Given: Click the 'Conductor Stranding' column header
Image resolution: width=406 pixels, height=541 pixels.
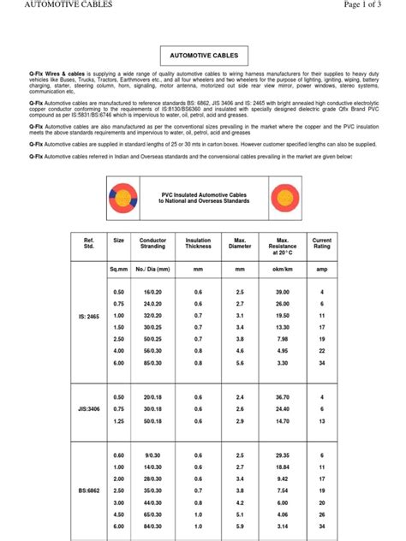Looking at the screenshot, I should pos(153,245).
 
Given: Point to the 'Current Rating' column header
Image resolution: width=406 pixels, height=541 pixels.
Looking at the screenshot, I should pos(322,245).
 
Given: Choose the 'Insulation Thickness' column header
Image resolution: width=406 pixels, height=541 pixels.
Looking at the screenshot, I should pos(198,245).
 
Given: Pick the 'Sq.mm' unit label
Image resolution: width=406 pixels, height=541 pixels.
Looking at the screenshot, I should pos(118,270).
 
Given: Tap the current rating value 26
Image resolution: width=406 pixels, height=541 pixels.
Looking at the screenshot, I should pos(322,514).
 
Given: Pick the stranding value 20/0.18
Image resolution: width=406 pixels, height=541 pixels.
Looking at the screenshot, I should pos(153,397).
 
